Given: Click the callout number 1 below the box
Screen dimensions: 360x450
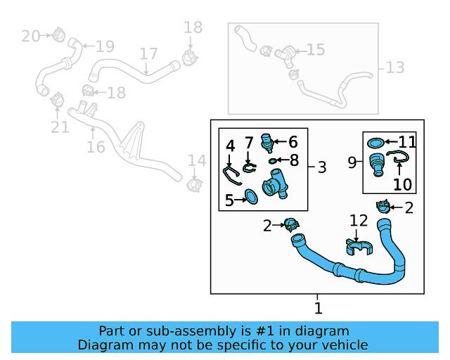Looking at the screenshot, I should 318,308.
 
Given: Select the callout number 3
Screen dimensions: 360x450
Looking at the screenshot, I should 321,167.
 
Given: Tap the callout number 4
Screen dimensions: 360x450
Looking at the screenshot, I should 230,146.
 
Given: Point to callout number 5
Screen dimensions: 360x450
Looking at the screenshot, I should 229,201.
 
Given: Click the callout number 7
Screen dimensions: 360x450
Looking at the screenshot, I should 249,143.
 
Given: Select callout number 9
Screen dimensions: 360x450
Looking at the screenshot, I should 352,162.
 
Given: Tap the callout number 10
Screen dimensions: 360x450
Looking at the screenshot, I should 402,185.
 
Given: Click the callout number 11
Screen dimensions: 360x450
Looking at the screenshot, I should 408,141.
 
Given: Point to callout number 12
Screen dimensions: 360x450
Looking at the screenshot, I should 359,221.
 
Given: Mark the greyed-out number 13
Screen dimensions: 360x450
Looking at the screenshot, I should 395,67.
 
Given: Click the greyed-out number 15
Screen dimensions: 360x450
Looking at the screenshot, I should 316,49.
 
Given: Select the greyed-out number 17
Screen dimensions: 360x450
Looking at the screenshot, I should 148,54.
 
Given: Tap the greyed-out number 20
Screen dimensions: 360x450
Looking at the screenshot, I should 31,35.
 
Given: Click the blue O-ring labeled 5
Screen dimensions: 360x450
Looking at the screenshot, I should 250,196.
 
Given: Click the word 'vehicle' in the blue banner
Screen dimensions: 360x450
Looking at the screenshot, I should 341,345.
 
